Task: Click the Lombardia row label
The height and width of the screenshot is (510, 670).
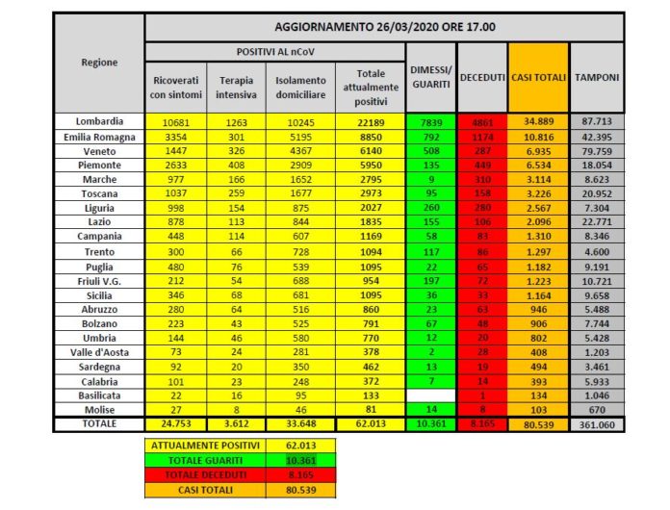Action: pyautogui.click(x=99, y=121)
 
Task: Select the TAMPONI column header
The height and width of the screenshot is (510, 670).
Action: pyautogui.click(x=597, y=76)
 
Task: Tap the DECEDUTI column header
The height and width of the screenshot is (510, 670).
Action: pyautogui.click(x=481, y=76)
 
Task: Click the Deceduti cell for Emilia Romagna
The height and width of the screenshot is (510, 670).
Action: pyautogui.click(x=481, y=137)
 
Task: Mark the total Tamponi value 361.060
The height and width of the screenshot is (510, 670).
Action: pyautogui.click(x=597, y=424)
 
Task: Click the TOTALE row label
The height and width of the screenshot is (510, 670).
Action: pyautogui.click(x=99, y=423)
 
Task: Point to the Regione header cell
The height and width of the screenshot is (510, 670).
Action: pyautogui.click(x=99, y=63)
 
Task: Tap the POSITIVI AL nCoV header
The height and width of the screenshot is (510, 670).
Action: pyautogui.click(x=274, y=51)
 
